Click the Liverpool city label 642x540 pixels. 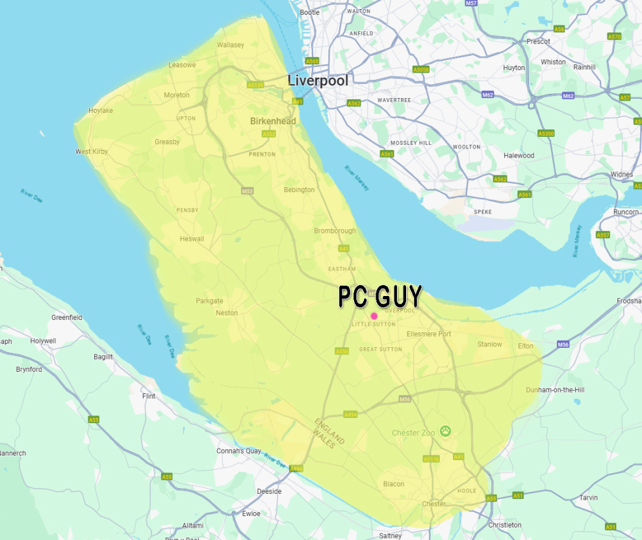tap(318, 81)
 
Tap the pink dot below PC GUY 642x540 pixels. tap(374, 316)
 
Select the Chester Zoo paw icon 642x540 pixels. tap(445, 430)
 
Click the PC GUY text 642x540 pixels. tap(380, 296)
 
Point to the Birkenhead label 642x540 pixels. tap(273, 121)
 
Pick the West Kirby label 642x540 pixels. tap(92, 152)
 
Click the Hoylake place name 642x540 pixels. tap(101, 110)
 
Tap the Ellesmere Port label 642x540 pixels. tap(429, 334)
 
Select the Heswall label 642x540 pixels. tap(192, 239)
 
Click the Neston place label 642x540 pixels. tap(227, 313)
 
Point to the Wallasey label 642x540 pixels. tap(231, 45)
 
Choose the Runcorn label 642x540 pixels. tap(626, 212)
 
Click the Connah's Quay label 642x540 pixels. tap(238, 451)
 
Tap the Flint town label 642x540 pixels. tap(149, 396)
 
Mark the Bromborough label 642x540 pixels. tap(335, 231)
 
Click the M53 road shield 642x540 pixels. tap(247, 191)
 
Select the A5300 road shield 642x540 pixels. tap(546, 133)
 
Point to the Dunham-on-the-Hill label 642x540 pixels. tap(555, 390)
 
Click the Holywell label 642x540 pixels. tap(43, 341)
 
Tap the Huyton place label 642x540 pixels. tap(514, 68)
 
